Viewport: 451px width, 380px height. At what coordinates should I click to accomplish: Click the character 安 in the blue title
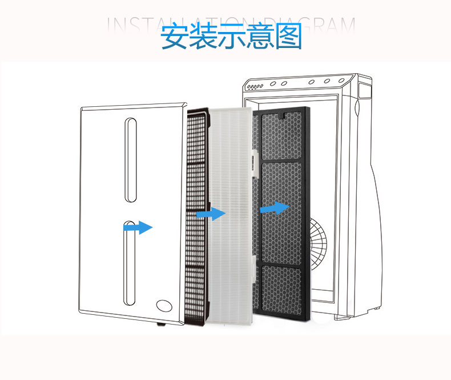point(174,37)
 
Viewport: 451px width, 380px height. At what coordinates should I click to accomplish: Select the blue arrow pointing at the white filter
point(211,214)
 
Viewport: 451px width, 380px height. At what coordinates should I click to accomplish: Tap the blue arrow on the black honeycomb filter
point(275,208)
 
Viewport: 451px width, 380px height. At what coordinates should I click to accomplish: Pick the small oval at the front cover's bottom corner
point(164,306)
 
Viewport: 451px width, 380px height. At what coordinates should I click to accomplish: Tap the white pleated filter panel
point(231,211)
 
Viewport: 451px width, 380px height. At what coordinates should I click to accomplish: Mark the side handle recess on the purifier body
point(359,106)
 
